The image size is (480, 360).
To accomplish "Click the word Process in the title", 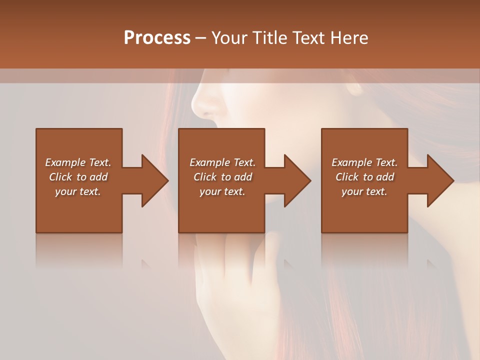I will (157, 37).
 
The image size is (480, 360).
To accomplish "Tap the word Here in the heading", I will (349, 37).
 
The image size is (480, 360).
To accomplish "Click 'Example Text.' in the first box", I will (78, 162).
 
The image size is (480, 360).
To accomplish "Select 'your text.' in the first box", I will (78, 191).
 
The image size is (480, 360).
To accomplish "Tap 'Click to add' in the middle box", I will (222, 177).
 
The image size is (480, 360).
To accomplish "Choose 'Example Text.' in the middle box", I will (222, 162).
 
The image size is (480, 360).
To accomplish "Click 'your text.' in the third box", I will (364, 191).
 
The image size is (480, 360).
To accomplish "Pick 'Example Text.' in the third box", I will (364, 162).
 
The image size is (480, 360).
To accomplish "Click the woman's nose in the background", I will (202, 100).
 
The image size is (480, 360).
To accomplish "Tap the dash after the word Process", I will (201, 38).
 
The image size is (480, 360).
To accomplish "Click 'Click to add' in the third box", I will (364, 177).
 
